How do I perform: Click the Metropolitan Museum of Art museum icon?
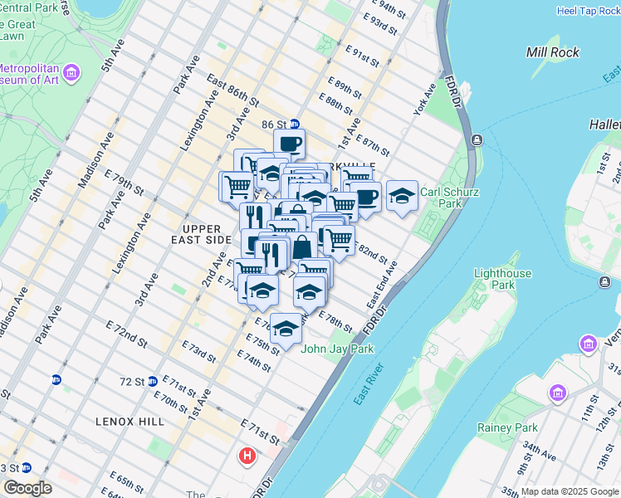point(71,73)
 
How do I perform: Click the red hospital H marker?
point(247,456)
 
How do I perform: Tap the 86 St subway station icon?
point(294,124)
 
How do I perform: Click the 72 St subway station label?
point(131,381)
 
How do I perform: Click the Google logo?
point(27,488)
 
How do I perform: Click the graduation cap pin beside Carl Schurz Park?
point(402,196)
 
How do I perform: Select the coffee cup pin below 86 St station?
point(289,144)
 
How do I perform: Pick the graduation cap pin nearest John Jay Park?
point(286,328)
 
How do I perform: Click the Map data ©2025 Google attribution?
point(570,491)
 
